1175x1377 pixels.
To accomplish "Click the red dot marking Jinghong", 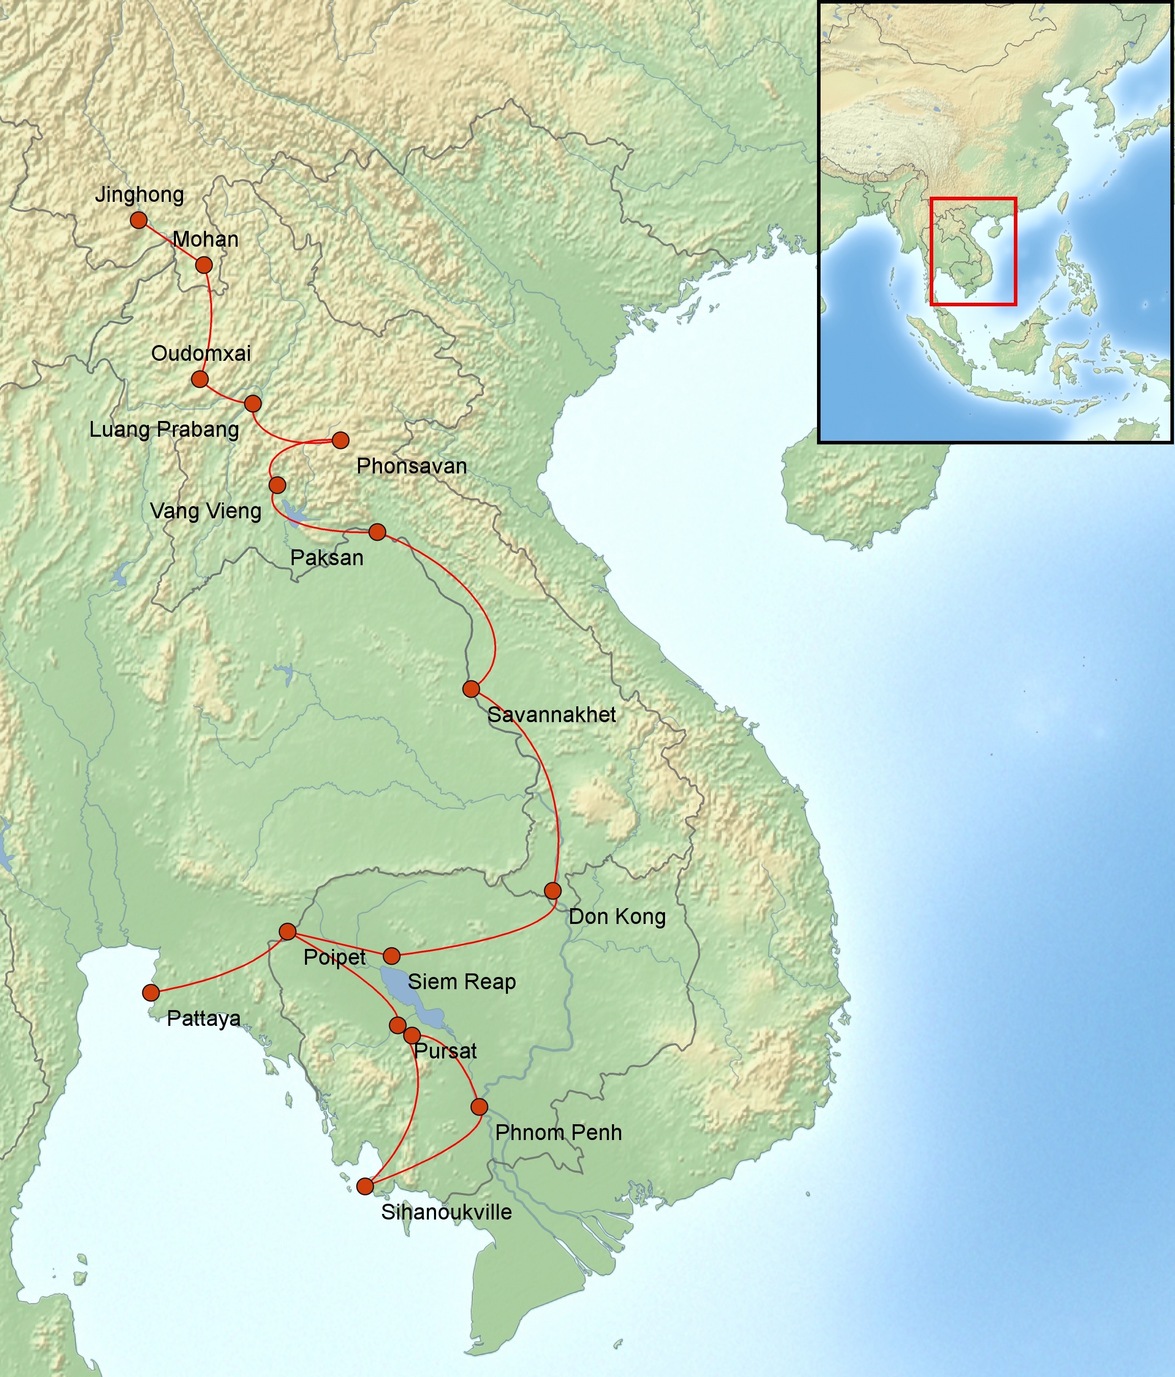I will point(138,220).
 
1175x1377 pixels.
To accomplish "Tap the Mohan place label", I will point(206,239).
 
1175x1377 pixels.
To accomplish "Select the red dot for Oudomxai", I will point(199,379).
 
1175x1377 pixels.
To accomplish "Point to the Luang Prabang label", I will point(164,429).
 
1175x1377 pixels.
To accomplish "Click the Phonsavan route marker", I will point(341,440).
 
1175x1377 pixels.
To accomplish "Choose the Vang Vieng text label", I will point(206,511).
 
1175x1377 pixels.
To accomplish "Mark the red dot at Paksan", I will point(377,532).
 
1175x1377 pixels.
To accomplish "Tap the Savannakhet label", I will point(551,715).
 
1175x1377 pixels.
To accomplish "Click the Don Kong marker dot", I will point(553,890).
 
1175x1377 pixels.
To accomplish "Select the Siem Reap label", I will point(462,982).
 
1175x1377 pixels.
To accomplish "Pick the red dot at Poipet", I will point(287,932).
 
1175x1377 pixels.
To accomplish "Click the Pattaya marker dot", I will point(151,993).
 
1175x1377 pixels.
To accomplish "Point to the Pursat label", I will point(445,1051).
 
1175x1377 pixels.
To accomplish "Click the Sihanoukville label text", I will point(446,1211).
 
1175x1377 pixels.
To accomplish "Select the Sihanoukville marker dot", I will point(365,1186).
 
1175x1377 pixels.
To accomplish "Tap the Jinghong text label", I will point(140,195).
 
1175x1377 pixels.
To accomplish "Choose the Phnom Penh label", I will point(558,1132).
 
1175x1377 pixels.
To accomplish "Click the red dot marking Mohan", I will point(204,265).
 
